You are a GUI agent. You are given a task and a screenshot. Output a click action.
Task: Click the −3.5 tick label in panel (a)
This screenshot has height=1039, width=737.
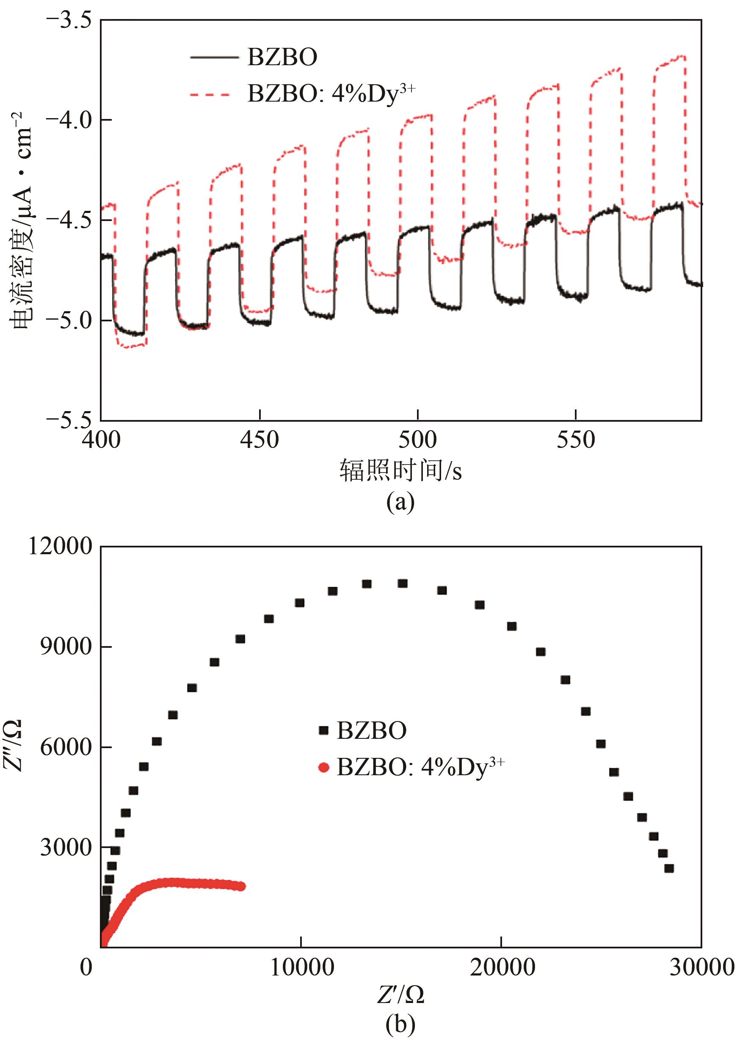pyautogui.click(x=69, y=20)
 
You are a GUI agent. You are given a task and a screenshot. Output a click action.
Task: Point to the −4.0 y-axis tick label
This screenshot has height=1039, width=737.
pyautogui.click(x=69, y=120)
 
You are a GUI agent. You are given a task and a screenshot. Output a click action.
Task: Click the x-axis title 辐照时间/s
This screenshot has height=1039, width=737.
pyautogui.click(x=400, y=471)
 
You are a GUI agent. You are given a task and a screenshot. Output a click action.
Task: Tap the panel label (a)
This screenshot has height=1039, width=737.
pyautogui.click(x=400, y=502)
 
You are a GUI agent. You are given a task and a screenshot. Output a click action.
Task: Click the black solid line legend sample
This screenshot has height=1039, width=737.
pyautogui.click(x=214, y=58)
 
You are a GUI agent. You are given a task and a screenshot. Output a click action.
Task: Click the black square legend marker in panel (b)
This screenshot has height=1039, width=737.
pyautogui.click(x=323, y=730)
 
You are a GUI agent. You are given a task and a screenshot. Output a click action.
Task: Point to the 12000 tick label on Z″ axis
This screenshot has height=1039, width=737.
pyautogui.click(x=61, y=547)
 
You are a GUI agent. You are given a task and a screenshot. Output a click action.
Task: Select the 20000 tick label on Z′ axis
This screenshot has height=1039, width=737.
pyautogui.click(x=502, y=968)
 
